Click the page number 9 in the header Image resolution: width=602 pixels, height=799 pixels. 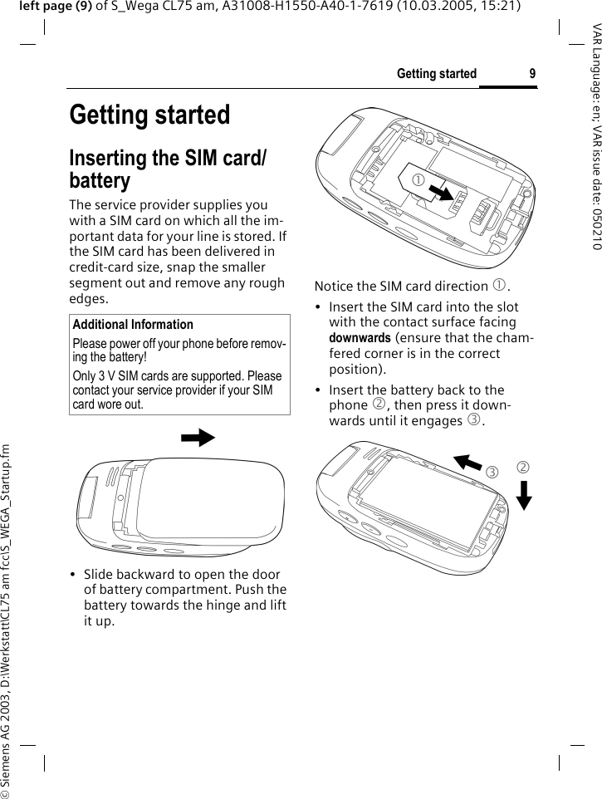pyautogui.click(x=532, y=74)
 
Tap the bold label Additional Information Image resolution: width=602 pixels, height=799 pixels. pyautogui.click(x=133, y=325)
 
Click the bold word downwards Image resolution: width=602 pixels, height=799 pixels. pyautogui.click(x=355, y=338)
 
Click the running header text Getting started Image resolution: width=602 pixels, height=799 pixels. pyautogui.click(x=425, y=74)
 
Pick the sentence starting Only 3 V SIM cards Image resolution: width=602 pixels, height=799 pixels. pyautogui.click(x=177, y=390)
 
